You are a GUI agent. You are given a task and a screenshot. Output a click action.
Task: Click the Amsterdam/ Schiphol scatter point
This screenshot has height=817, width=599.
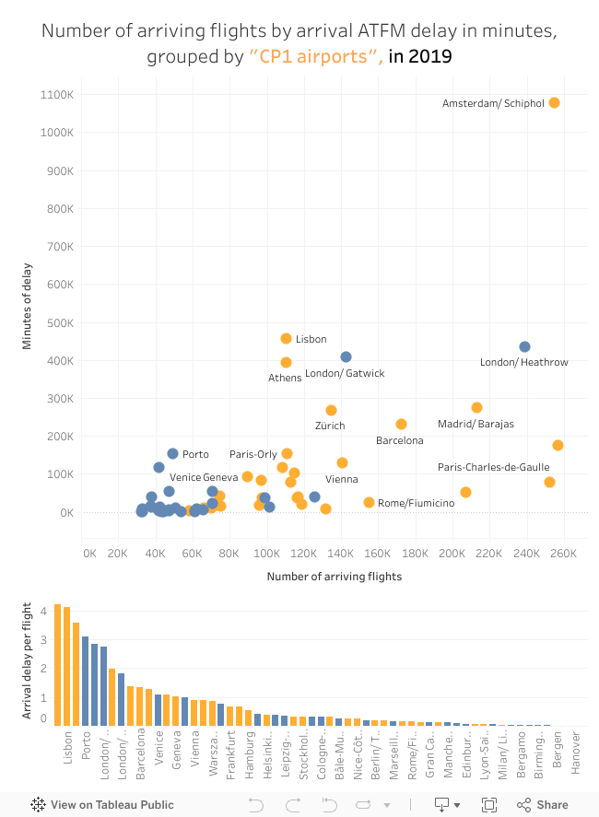click(x=554, y=102)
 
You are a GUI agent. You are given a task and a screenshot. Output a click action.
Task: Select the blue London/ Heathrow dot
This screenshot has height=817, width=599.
click(x=524, y=346)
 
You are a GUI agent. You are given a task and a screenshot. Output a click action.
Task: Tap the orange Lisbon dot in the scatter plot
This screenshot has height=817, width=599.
click(x=286, y=339)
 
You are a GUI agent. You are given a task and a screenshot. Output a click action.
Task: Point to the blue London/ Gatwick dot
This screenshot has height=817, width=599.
click(x=346, y=356)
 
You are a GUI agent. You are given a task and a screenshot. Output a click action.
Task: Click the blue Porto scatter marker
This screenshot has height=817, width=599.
click(x=172, y=453)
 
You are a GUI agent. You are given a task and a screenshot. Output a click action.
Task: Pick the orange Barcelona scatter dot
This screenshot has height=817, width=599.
click(x=401, y=424)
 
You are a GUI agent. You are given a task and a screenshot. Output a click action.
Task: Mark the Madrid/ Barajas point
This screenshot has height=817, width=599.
click(x=476, y=407)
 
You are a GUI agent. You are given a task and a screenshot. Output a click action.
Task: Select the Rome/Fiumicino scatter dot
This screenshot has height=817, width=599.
click(x=369, y=502)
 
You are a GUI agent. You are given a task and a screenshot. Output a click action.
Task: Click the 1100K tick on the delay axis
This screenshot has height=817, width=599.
click(x=57, y=94)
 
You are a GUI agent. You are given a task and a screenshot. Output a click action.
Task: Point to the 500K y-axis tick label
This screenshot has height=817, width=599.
click(x=60, y=322)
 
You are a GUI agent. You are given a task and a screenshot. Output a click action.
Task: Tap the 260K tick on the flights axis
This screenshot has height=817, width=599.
click(x=563, y=554)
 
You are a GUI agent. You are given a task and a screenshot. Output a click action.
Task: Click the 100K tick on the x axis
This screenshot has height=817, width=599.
click(x=266, y=554)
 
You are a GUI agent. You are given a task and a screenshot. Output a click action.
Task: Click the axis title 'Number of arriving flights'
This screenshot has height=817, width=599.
click(x=334, y=577)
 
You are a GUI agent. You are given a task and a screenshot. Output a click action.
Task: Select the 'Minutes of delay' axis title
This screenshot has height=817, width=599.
click(x=29, y=304)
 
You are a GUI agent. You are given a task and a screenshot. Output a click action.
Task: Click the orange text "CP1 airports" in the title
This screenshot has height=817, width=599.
click(x=316, y=57)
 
